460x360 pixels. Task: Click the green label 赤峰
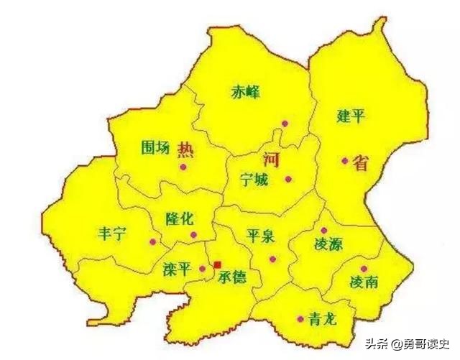coord(245,93)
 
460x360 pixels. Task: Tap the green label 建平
coord(350,116)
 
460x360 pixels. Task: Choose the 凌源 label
coord(328,244)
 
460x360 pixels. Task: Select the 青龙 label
coord(321,319)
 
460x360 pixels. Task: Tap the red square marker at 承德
coord(217,264)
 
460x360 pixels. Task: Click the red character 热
coord(185,149)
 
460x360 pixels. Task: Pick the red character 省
coord(360,163)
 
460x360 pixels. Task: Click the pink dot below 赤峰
coord(285,124)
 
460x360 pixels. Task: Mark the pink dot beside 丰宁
coord(152,242)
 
